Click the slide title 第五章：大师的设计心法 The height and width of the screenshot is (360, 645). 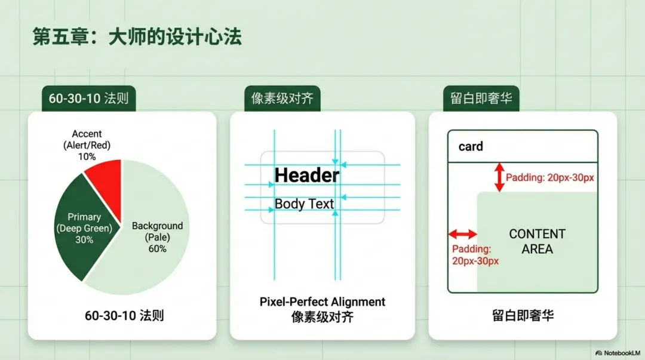(x=137, y=37)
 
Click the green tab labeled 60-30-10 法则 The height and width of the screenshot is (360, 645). (x=88, y=99)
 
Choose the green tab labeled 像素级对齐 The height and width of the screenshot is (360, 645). (x=282, y=99)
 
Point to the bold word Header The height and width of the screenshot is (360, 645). (x=306, y=175)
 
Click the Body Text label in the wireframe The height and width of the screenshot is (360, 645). (x=304, y=204)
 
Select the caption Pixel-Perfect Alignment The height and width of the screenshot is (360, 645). (x=322, y=302)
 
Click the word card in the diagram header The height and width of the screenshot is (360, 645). (x=471, y=146)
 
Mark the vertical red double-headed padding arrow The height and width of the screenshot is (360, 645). (x=499, y=177)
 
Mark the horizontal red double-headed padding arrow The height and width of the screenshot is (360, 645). (x=462, y=234)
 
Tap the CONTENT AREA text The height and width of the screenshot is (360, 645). (x=537, y=241)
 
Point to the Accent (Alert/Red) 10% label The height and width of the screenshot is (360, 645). (x=87, y=145)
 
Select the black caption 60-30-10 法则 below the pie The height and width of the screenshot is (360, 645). (x=124, y=315)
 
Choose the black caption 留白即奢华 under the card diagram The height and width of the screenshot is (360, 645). (x=523, y=315)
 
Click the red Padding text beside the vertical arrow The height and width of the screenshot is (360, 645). (x=549, y=177)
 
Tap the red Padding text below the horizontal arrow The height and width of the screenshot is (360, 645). (x=475, y=255)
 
